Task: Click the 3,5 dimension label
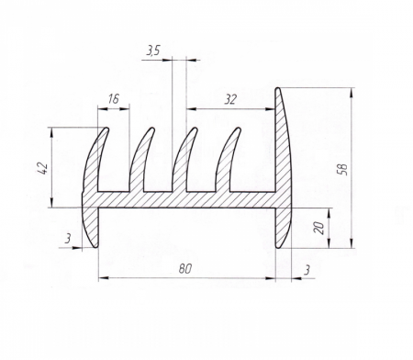[153, 51]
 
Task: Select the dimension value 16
[114, 99]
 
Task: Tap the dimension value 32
[230, 99]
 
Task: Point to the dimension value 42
[42, 168]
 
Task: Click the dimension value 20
[319, 228]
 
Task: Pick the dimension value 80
[185, 269]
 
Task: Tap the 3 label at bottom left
[68, 238]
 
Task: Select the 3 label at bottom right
[307, 270]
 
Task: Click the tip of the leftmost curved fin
[107, 129]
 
